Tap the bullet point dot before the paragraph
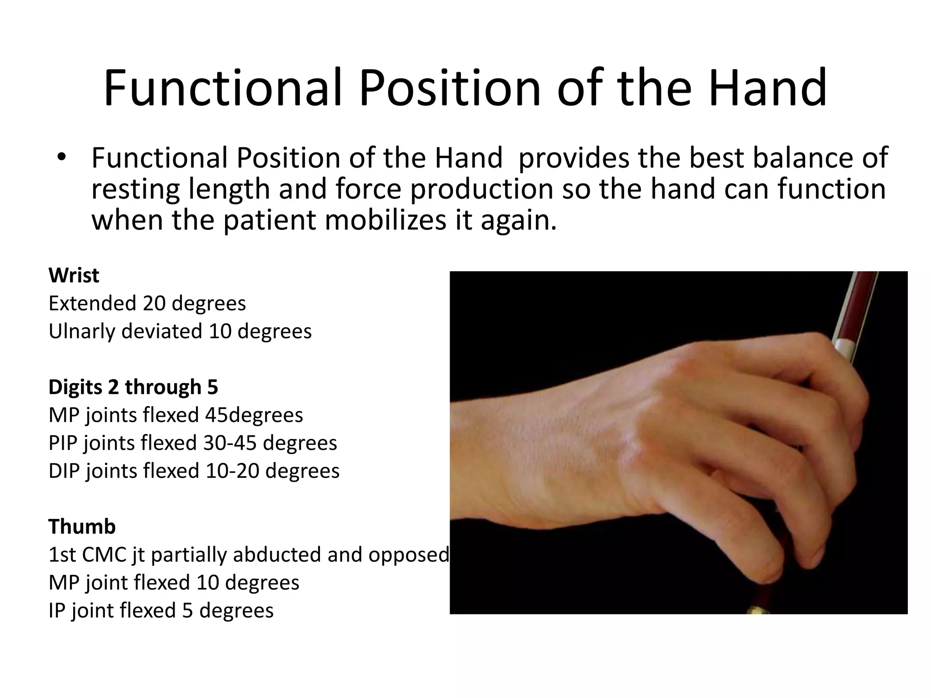[x=62, y=158]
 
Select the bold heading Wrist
[x=74, y=275]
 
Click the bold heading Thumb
[x=82, y=527]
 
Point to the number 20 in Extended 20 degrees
[x=154, y=304]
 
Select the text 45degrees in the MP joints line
[x=254, y=415]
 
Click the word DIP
[x=64, y=471]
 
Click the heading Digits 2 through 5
[x=133, y=387]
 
